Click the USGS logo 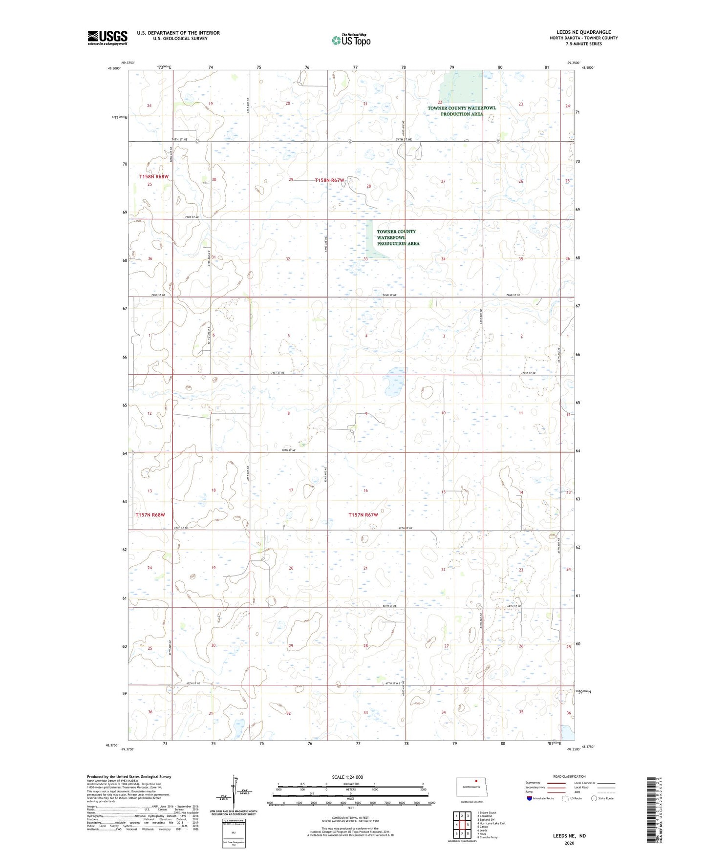point(107,38)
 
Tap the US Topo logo point(350,41)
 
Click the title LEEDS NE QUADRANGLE point(583,32)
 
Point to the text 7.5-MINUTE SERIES point(583,44)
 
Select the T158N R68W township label point(153,176)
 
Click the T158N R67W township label point(330,180)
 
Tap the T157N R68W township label point(150,515)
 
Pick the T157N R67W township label point(363,515)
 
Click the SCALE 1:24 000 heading point(347,777)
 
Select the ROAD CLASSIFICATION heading point(569,776)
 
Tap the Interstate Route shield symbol point(530,798)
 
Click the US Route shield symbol point(565,798)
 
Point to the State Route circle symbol point(594,798)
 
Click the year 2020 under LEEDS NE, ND point(569,843)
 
